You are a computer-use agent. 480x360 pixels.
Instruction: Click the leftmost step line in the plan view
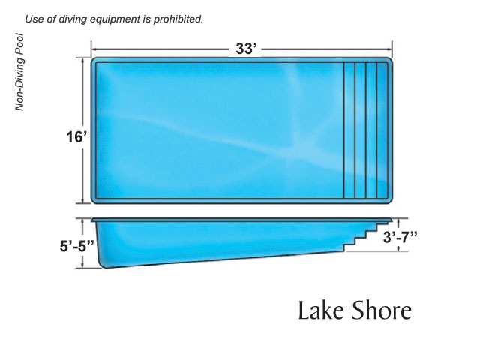pyautogui.click(x=344, y=130)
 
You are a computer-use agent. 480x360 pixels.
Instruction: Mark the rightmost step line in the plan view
pyautogui.click(x=376, y=130)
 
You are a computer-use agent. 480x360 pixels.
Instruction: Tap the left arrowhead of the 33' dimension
pyautogui.click(x=94, y=50)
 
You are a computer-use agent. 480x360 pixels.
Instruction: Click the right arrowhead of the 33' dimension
pyautogui.click(x=390, y=50)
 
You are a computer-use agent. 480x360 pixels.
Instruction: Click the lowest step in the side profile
pyautogui.click(x=348, y=245)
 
